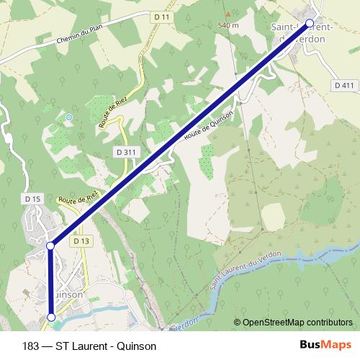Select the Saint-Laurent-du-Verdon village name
coord(302,32)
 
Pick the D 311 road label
coord(125,152)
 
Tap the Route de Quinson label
coord(209,125)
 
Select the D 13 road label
coord(81,241)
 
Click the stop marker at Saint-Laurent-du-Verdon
coord(310,23)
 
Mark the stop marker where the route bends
coord(50,246)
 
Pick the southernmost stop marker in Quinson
coord(51,317)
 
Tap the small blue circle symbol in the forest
coord(69,117)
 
